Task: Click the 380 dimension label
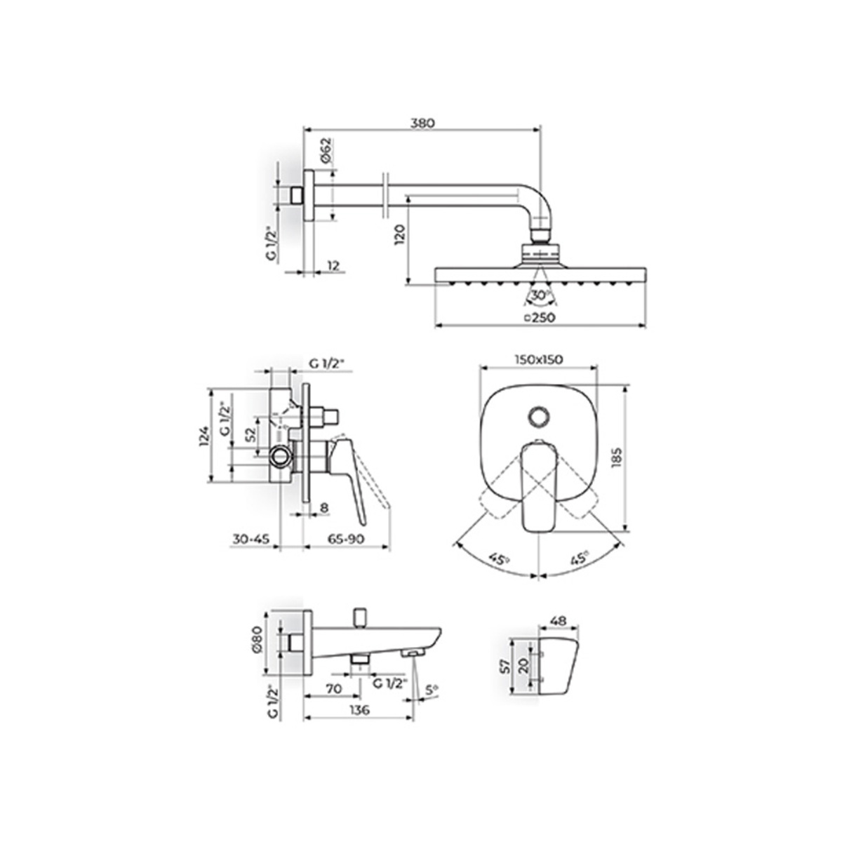pyautogui.click(x=422, y=123)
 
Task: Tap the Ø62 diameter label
pyautogui.click(x=327, y=150)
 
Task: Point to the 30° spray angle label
pyautogui.click(x=541, y=295)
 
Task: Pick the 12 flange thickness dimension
pyautogui.click(x=333, y=265)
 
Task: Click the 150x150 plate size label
pyautogui.click(x=538, y=359)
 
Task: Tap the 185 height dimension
pyautogui.click(x=616, y=457)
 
